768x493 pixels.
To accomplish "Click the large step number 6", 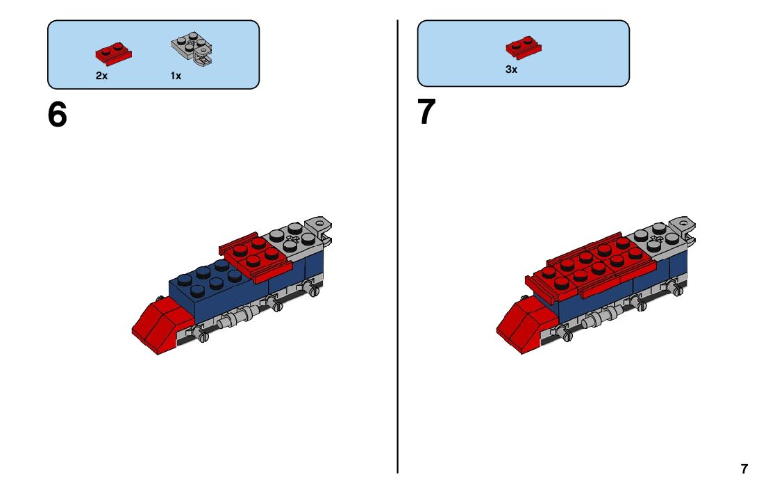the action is [x=58, y=115].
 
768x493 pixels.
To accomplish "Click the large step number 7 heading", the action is [x=426, y=111].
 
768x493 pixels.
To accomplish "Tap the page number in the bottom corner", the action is [x=744, y=469].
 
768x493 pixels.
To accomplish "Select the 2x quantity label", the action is [x=101, y=76].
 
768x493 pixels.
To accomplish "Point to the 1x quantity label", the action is [x=176, y=76].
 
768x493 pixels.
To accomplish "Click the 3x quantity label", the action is [x=511, y=70].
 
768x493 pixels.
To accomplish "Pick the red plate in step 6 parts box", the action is [x=113, y=54].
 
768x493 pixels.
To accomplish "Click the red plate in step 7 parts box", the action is [x=524, y=47].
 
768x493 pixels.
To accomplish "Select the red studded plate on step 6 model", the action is [x=256, y=257].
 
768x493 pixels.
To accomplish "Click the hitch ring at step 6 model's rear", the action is [x=319, y=224].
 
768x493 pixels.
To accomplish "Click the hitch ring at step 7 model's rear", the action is [x=684, y=225].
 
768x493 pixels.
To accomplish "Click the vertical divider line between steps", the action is [x=398, y=246].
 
